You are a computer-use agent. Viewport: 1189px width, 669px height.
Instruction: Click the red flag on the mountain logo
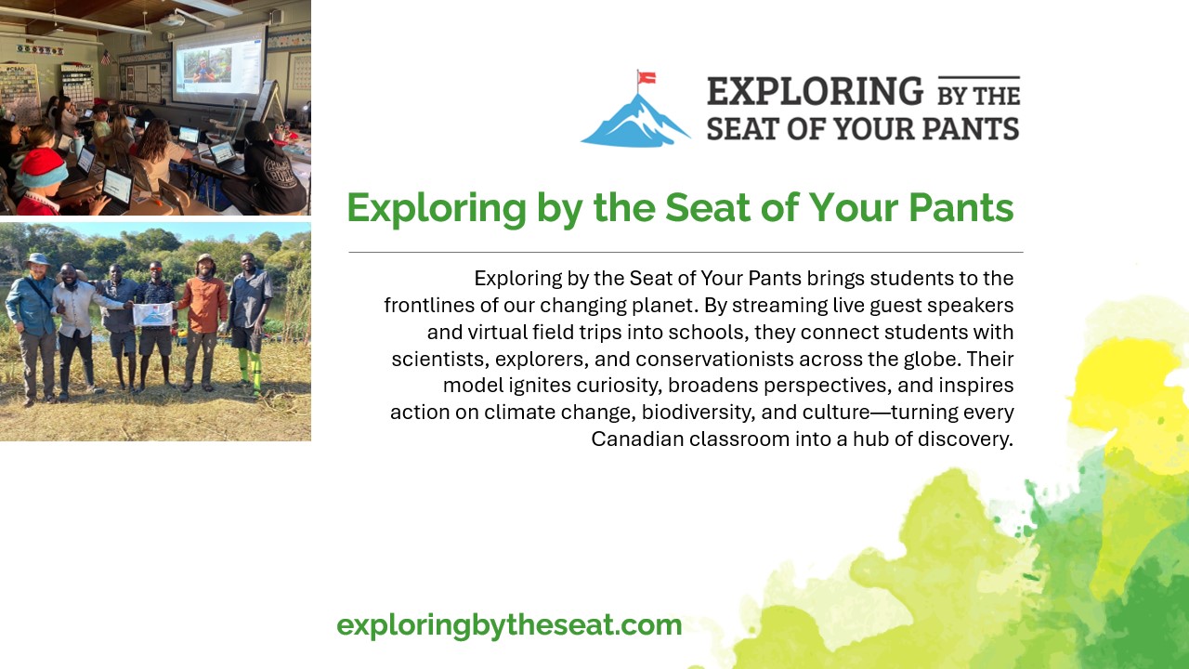(647, 78)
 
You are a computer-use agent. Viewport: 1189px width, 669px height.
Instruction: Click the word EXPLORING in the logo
(816, 91)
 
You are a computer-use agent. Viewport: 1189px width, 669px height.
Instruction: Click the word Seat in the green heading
(708, 207)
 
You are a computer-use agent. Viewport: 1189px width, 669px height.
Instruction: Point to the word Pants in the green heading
(961, 207)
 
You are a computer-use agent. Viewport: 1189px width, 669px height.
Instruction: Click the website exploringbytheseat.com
(509, 625)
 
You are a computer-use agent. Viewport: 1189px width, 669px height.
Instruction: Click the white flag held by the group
(153, 314)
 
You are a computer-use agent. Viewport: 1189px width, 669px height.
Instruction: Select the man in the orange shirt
(203, 322)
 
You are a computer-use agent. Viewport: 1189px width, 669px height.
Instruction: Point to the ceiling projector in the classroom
(172, 20)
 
